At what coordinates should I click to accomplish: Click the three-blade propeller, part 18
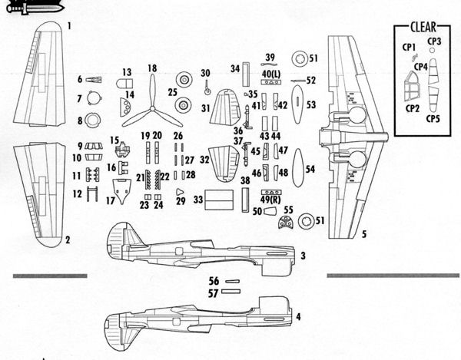(152, 108)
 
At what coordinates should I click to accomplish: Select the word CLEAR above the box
(423, 27)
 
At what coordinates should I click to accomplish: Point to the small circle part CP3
(432, 50)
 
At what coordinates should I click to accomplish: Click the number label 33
(198, 200)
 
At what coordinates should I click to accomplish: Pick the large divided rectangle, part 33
(219, 200)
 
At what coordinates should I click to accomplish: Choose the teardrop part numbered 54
(298, 167)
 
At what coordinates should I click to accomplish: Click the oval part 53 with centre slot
(297, 104)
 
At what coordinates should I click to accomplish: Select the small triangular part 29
(179, 192)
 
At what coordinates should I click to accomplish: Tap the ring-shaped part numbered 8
(93, 121)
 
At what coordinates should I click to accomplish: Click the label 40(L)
(271, 74)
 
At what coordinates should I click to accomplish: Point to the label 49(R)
(270, 200)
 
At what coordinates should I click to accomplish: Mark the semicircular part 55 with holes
(286, 223)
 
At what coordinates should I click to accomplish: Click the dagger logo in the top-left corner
(35, 7)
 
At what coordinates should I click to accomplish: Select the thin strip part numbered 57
(230, 291)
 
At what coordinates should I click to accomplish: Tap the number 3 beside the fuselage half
(303, 256)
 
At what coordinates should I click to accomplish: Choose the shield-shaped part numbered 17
(121, 191)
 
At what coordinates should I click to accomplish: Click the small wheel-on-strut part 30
(207, 88)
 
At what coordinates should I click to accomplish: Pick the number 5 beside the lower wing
(364, 234)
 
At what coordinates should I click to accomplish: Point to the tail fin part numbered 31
(226, 107)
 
